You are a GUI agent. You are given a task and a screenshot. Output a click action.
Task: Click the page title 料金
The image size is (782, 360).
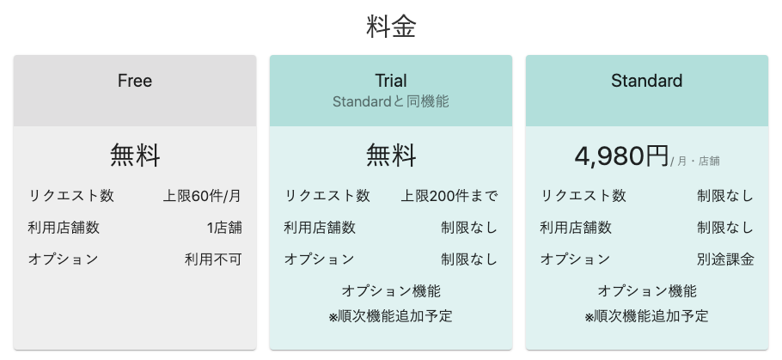(391, 27)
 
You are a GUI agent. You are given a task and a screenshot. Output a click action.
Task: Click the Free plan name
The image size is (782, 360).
(135, 81)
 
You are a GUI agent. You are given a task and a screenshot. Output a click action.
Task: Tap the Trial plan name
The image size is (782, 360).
(391, 81)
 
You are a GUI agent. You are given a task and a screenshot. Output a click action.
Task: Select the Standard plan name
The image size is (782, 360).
(647, 81)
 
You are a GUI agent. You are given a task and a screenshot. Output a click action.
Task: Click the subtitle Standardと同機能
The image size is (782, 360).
(391, 101)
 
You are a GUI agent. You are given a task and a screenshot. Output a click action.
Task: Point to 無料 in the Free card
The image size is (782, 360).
(135, 156)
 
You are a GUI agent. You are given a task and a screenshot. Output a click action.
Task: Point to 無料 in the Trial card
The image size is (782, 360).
(391, 156)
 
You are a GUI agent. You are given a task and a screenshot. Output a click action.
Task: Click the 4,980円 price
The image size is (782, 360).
(621, 156)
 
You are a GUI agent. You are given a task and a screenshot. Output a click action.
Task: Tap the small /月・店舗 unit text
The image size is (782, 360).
(695, 161)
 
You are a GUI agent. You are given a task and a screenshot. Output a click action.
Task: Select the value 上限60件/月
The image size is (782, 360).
(202, 196)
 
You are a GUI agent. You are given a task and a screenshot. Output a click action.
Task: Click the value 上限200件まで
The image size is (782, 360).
(449, 196)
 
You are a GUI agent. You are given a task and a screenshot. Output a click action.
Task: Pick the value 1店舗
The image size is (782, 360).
(224, 228)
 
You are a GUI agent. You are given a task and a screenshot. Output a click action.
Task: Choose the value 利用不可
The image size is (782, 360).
(213, 259)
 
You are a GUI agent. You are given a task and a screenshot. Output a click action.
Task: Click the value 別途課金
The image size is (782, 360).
(725, 259)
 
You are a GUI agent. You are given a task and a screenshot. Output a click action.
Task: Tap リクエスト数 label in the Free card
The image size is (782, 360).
(70, 196)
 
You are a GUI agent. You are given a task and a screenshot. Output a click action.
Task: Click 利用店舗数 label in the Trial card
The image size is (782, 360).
(320, 228)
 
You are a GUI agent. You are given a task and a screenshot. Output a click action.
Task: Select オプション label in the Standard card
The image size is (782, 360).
(575, 259)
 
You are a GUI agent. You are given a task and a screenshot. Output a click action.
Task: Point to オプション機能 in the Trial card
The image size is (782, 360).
(391, 290)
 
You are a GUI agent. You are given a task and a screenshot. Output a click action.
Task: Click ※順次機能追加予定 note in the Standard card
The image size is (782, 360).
(647, 316)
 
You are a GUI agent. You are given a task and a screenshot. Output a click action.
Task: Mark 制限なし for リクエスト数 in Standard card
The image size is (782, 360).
(725, 196)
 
